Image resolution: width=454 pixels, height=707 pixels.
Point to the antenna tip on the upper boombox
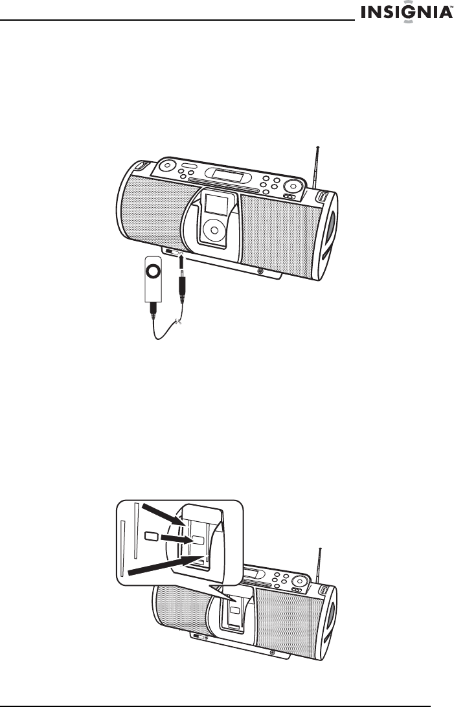point(318,146)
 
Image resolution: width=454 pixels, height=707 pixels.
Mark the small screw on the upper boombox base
point(260,272)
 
